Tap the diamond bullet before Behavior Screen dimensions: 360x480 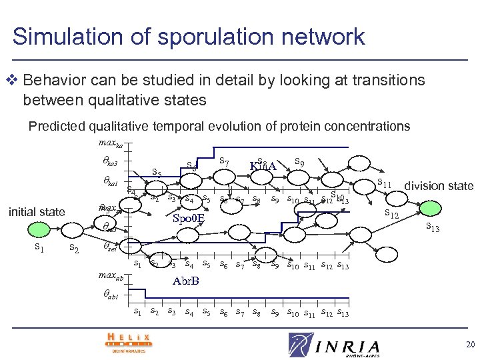coord(13,81)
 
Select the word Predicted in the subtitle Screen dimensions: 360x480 coord(55,126)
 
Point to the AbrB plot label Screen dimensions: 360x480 coord(186,281)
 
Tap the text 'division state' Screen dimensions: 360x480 coord(439,186)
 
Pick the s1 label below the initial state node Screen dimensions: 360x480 coord(39,247)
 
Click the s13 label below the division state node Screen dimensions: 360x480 coord(433,229)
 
